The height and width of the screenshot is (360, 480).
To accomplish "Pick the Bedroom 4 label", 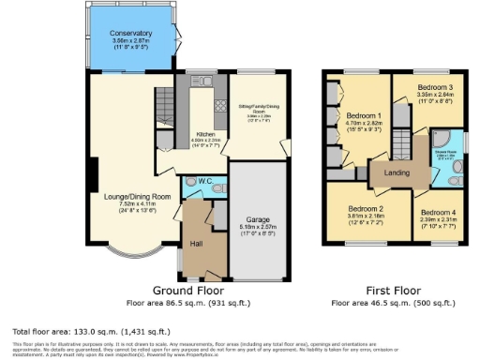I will (436, 213).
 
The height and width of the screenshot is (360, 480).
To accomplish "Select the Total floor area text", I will (90, 332).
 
